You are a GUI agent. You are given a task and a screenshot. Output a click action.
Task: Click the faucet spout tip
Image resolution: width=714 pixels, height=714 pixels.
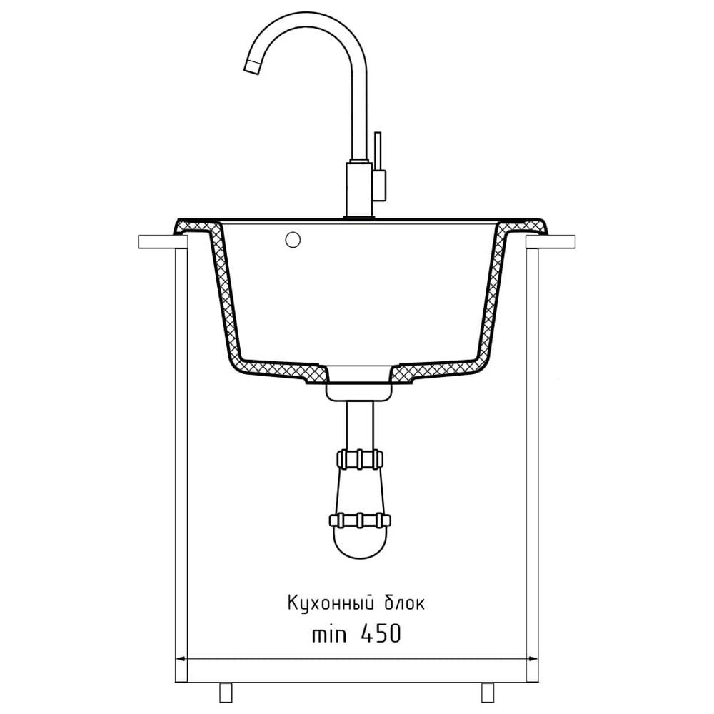point(252,66)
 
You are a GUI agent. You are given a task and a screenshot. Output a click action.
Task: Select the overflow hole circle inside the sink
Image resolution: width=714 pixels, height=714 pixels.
point(293,240)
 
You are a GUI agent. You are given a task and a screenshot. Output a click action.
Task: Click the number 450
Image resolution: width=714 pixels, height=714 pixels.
point(381,633)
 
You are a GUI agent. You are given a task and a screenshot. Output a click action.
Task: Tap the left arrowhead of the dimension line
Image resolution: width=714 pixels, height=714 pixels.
point(181,658)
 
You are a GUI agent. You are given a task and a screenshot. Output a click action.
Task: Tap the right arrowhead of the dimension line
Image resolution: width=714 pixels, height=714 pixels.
point(531,658)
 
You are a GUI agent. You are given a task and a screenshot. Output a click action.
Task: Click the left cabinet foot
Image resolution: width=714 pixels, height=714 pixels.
point(226,692)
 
